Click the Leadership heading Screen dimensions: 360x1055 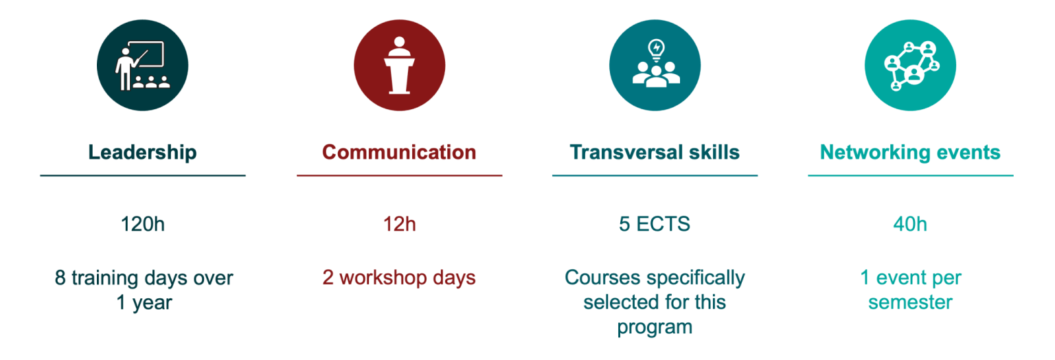coord(142,152)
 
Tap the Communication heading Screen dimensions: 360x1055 coord(399,152)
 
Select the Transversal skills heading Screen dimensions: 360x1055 coord(655,152)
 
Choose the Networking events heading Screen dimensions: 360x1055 coord(910,152)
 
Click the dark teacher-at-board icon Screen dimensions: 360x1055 coord(142,66)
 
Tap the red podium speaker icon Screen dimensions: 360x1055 coord(399,66)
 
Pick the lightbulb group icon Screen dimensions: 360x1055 coord(655,66)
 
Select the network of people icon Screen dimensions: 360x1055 coord(910,66)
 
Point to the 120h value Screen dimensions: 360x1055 coord(142,224)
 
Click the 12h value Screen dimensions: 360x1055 coord(399,224)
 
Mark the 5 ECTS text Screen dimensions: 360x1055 coord(655,224)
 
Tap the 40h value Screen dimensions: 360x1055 coord(910,224)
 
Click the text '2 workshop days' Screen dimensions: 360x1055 coord(399,278)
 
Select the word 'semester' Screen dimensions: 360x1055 coord(910,302)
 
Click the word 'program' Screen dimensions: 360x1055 coord(655,326)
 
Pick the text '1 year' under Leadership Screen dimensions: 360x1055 coord(144,302)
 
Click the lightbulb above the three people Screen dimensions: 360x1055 coord(657,49)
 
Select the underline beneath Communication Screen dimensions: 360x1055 coord(399,176)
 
